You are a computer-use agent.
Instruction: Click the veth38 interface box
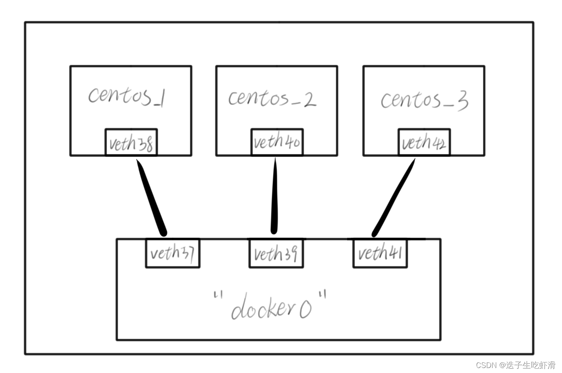tap(131, 143)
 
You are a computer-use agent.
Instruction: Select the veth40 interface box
tap(277, 142)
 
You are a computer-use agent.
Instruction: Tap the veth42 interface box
tap(424, 143)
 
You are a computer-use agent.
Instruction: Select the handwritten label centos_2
tap(272, 98)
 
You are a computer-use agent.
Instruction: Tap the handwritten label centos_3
tap(424, 100)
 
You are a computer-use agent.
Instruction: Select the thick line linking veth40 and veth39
tap(274, 196)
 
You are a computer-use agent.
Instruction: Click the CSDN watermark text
tap(515, 365)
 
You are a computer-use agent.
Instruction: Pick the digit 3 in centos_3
tap(462, 101)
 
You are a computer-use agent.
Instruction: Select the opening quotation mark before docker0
tap(217, 296)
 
